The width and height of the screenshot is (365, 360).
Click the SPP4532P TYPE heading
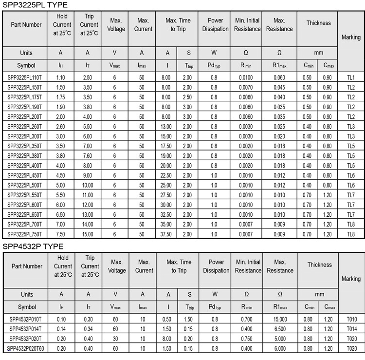point(33,246)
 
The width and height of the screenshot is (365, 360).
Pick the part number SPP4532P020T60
point(26,348)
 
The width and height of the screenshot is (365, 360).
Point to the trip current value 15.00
point(88,234)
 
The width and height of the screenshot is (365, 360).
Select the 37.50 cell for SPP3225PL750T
point(166,234)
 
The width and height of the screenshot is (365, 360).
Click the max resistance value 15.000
point(280,319)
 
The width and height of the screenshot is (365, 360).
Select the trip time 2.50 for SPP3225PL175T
point(187,97)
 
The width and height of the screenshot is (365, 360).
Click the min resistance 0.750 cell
point(247,339)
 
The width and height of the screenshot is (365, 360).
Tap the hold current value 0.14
point(61,329)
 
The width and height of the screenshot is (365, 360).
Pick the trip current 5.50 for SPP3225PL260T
point(88,127)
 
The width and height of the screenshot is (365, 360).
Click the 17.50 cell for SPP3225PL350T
point(166,146)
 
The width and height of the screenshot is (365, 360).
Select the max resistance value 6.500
point(280,329)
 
